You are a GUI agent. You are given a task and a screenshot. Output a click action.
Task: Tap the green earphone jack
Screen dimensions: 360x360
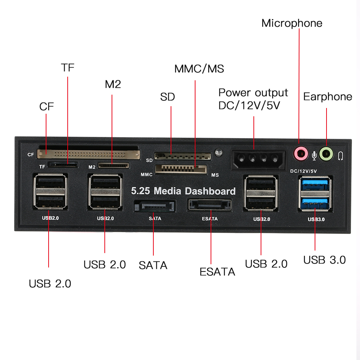(326, 154)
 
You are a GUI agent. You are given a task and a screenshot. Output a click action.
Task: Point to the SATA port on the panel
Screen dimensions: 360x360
(154, 207)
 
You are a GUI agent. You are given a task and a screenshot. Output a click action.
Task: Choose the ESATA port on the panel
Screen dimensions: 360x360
(209, 205)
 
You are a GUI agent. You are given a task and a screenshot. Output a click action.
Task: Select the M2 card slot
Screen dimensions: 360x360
(113, 166)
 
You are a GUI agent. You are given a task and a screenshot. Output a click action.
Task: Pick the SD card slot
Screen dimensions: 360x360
(183, 156)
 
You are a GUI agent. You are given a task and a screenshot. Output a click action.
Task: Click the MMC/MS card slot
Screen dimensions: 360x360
(181, 168)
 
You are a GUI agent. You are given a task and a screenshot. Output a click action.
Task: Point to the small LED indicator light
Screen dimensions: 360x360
(217, 152)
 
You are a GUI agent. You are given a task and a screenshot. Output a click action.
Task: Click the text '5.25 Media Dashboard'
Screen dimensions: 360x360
(183, 191)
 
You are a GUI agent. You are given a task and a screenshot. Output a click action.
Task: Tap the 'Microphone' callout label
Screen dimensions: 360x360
(292, 23)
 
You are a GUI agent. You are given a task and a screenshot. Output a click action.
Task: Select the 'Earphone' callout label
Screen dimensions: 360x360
(328, 96)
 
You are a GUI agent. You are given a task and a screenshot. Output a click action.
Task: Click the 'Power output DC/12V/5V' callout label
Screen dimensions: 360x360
(253, 99)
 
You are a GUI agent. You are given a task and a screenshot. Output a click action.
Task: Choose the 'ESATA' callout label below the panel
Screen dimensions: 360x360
(217, 272)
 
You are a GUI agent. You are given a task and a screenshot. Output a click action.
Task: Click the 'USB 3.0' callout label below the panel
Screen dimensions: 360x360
(324, 260)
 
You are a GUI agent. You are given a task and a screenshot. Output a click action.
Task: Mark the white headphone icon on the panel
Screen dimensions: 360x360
(341, 155)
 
